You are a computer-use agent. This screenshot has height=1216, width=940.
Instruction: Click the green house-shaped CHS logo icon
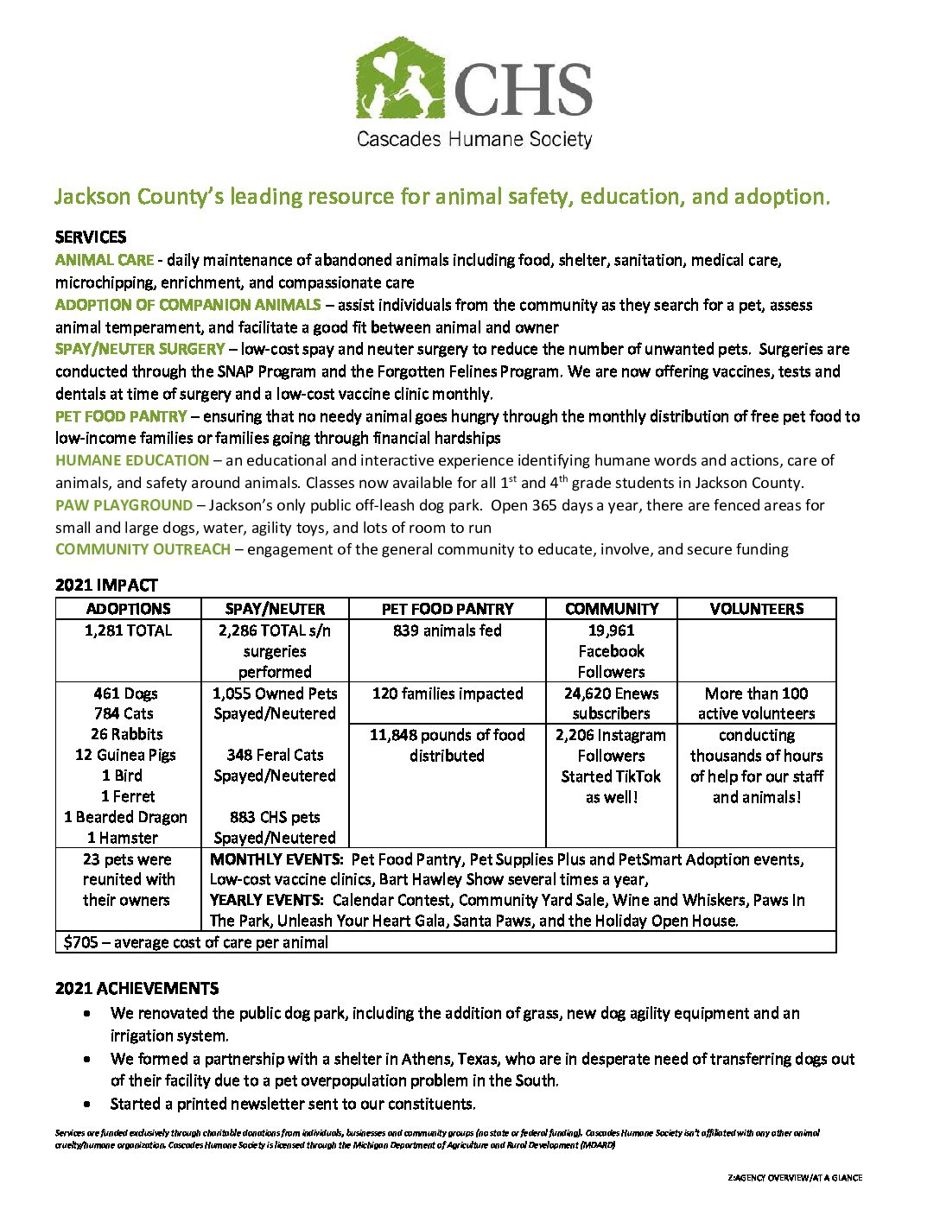(400, 79)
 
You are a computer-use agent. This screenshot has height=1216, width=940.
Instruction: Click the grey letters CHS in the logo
(523, 90)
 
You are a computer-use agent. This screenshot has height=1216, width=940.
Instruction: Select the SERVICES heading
(91, 237)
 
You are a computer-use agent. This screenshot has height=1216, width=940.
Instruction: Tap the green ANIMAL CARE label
(105, 259)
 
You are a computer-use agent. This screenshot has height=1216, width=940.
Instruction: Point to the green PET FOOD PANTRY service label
(121, 415)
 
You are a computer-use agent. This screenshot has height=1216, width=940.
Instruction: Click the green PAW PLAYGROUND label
(124, 504)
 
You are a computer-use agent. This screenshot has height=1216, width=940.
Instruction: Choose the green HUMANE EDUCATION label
(132, 460)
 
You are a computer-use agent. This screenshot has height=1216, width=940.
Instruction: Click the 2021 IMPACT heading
(106, 585)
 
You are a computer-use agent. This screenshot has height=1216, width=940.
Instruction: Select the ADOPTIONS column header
(129, 609)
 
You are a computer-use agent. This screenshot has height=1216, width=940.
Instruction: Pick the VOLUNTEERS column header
(757, 609)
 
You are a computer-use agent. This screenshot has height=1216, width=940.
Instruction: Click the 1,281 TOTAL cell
(129, 630)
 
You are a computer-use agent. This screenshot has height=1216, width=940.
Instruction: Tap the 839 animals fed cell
(448, 630)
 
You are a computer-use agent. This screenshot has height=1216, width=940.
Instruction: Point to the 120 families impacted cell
(448, 693)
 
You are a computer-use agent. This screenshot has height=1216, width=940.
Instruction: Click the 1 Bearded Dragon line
(125, 816)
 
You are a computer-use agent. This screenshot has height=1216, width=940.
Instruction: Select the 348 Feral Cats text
(275, 755)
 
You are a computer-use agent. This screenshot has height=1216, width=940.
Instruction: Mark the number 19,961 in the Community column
(611, 630)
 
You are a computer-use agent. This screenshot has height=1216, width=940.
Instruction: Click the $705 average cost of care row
(196, 942)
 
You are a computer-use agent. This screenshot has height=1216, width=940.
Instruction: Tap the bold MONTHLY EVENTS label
(265, 859)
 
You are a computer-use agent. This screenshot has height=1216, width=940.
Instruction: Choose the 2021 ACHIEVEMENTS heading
(137, 988)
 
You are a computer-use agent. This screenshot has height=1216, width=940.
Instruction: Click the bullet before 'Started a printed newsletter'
(88, 1104)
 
